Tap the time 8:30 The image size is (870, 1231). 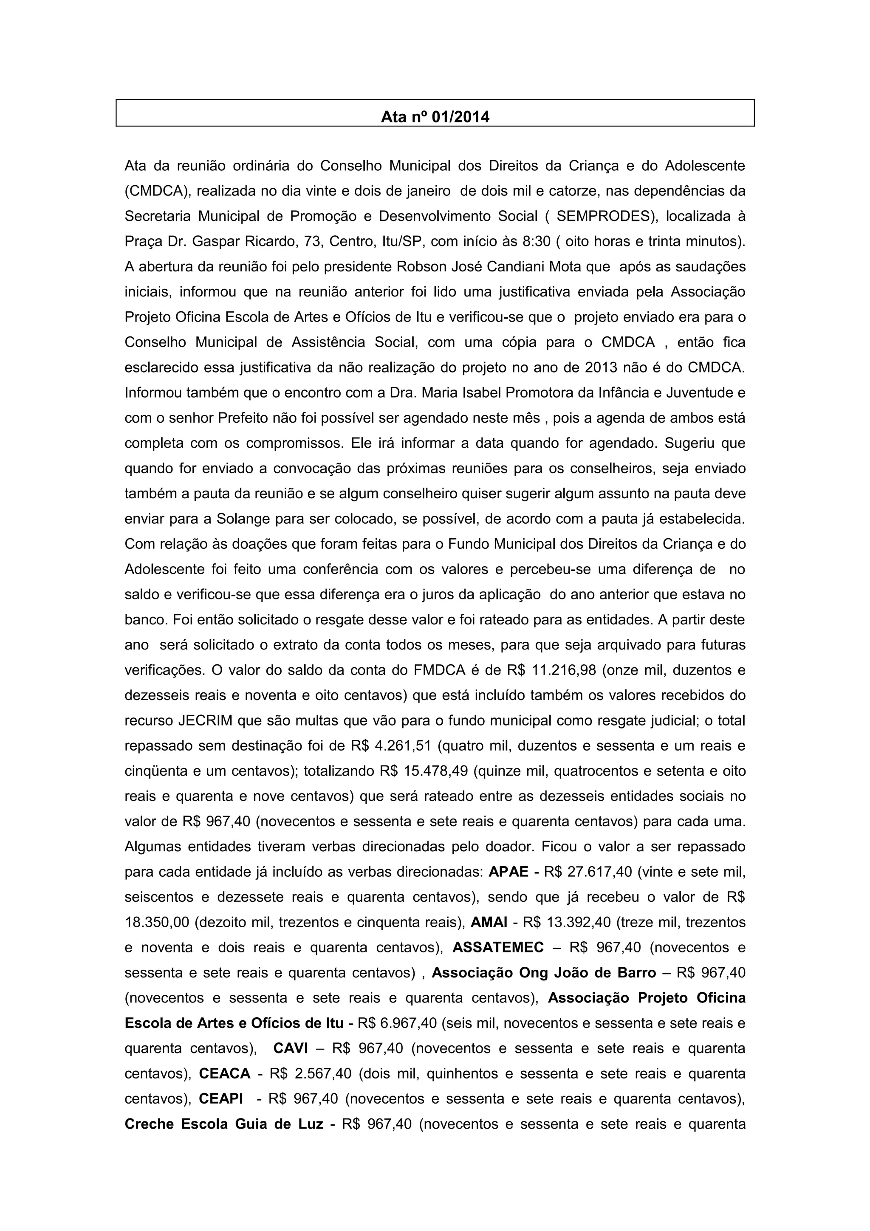tap(536, 242)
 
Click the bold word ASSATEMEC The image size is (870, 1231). tap(498, 947)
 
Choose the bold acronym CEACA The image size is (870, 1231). tap(225, 1073)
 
